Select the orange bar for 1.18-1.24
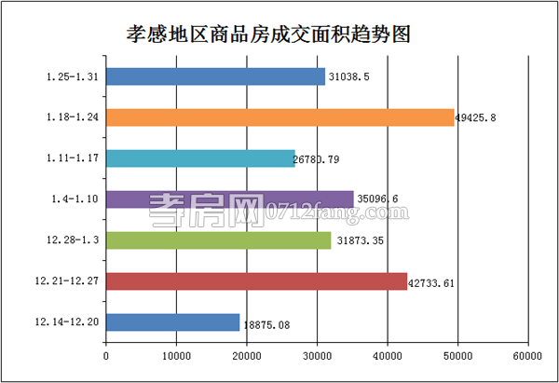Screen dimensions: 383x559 (279, 117)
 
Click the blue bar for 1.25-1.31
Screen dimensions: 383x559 (215, 76)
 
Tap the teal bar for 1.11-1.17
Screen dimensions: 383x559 (200, 158)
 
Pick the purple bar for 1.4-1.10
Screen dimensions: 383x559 (229, 198)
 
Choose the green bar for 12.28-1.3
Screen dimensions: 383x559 (218, 240)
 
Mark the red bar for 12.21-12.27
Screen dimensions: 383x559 (256, 280)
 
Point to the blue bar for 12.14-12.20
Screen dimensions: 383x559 (172, 322)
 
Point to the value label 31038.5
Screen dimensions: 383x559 (356, 77)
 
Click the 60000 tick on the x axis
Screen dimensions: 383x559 (526, 356)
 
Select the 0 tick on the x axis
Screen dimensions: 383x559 (106, 356)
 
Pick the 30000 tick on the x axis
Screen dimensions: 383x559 (316, 356)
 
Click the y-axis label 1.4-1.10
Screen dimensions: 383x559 (75, 198)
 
